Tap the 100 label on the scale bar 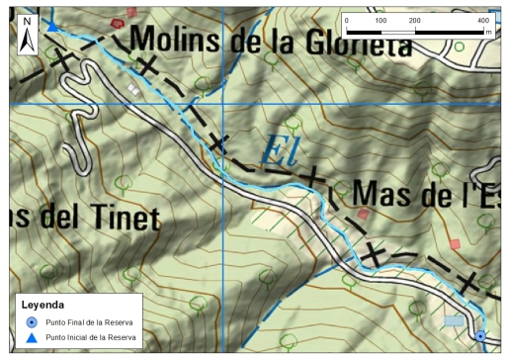point(382,20)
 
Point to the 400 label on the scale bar point(482,20)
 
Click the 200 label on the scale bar point(415,20)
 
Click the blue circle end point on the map point(480,337)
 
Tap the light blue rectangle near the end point point(453,321)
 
